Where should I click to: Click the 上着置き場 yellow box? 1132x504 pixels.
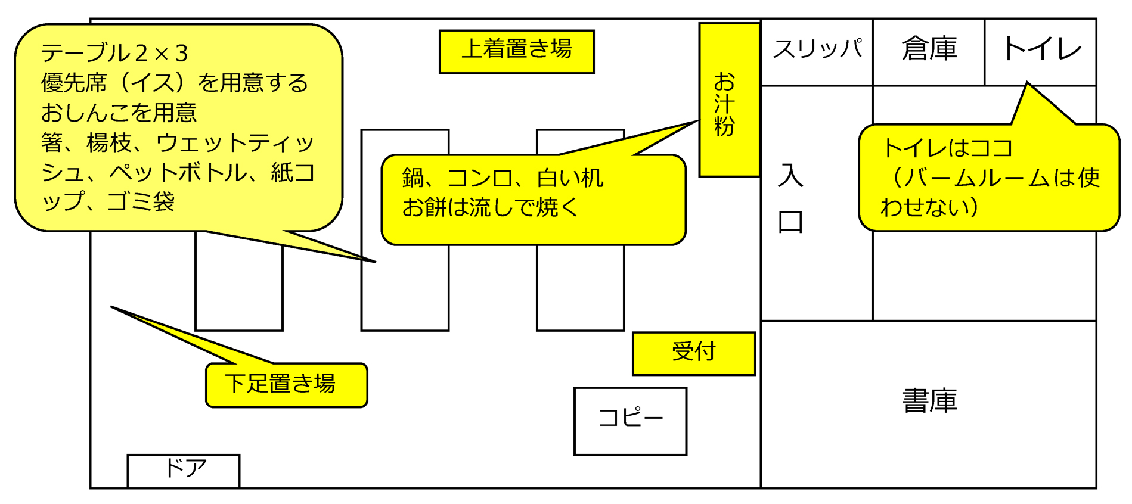[x=516, y=51]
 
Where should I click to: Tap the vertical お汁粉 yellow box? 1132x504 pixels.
[x=728, y=100]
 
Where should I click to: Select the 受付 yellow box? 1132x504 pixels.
[x=693, y=353]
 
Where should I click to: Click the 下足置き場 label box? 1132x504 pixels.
[x=286, y=385]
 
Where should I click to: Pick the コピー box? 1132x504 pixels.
[x=630, y=421]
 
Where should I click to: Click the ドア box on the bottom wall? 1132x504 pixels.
[x=184, y=471]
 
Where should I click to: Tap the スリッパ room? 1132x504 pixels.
[x=817, y=51]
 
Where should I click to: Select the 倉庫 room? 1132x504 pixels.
[x=928, y=51]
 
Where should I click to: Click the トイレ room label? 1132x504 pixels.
[x=1041, y=49]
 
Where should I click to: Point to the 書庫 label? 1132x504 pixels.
[x=929, y=401]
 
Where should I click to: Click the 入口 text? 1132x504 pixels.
[x=790, y=198]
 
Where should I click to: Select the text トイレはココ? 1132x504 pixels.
[x=947, y=148]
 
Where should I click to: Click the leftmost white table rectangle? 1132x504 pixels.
[x=238, y=286]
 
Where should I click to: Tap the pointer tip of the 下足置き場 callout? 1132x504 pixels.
[x=112, y=307]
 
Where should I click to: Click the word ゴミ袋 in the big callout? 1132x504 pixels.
[x=141, y=202]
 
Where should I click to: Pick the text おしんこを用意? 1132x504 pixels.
[x=119, y=113]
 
